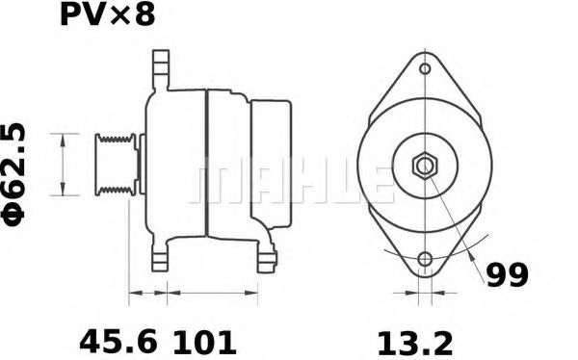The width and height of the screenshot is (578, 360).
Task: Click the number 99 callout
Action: [x=505, y=275]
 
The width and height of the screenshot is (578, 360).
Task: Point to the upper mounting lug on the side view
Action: [x=159, y=71]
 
